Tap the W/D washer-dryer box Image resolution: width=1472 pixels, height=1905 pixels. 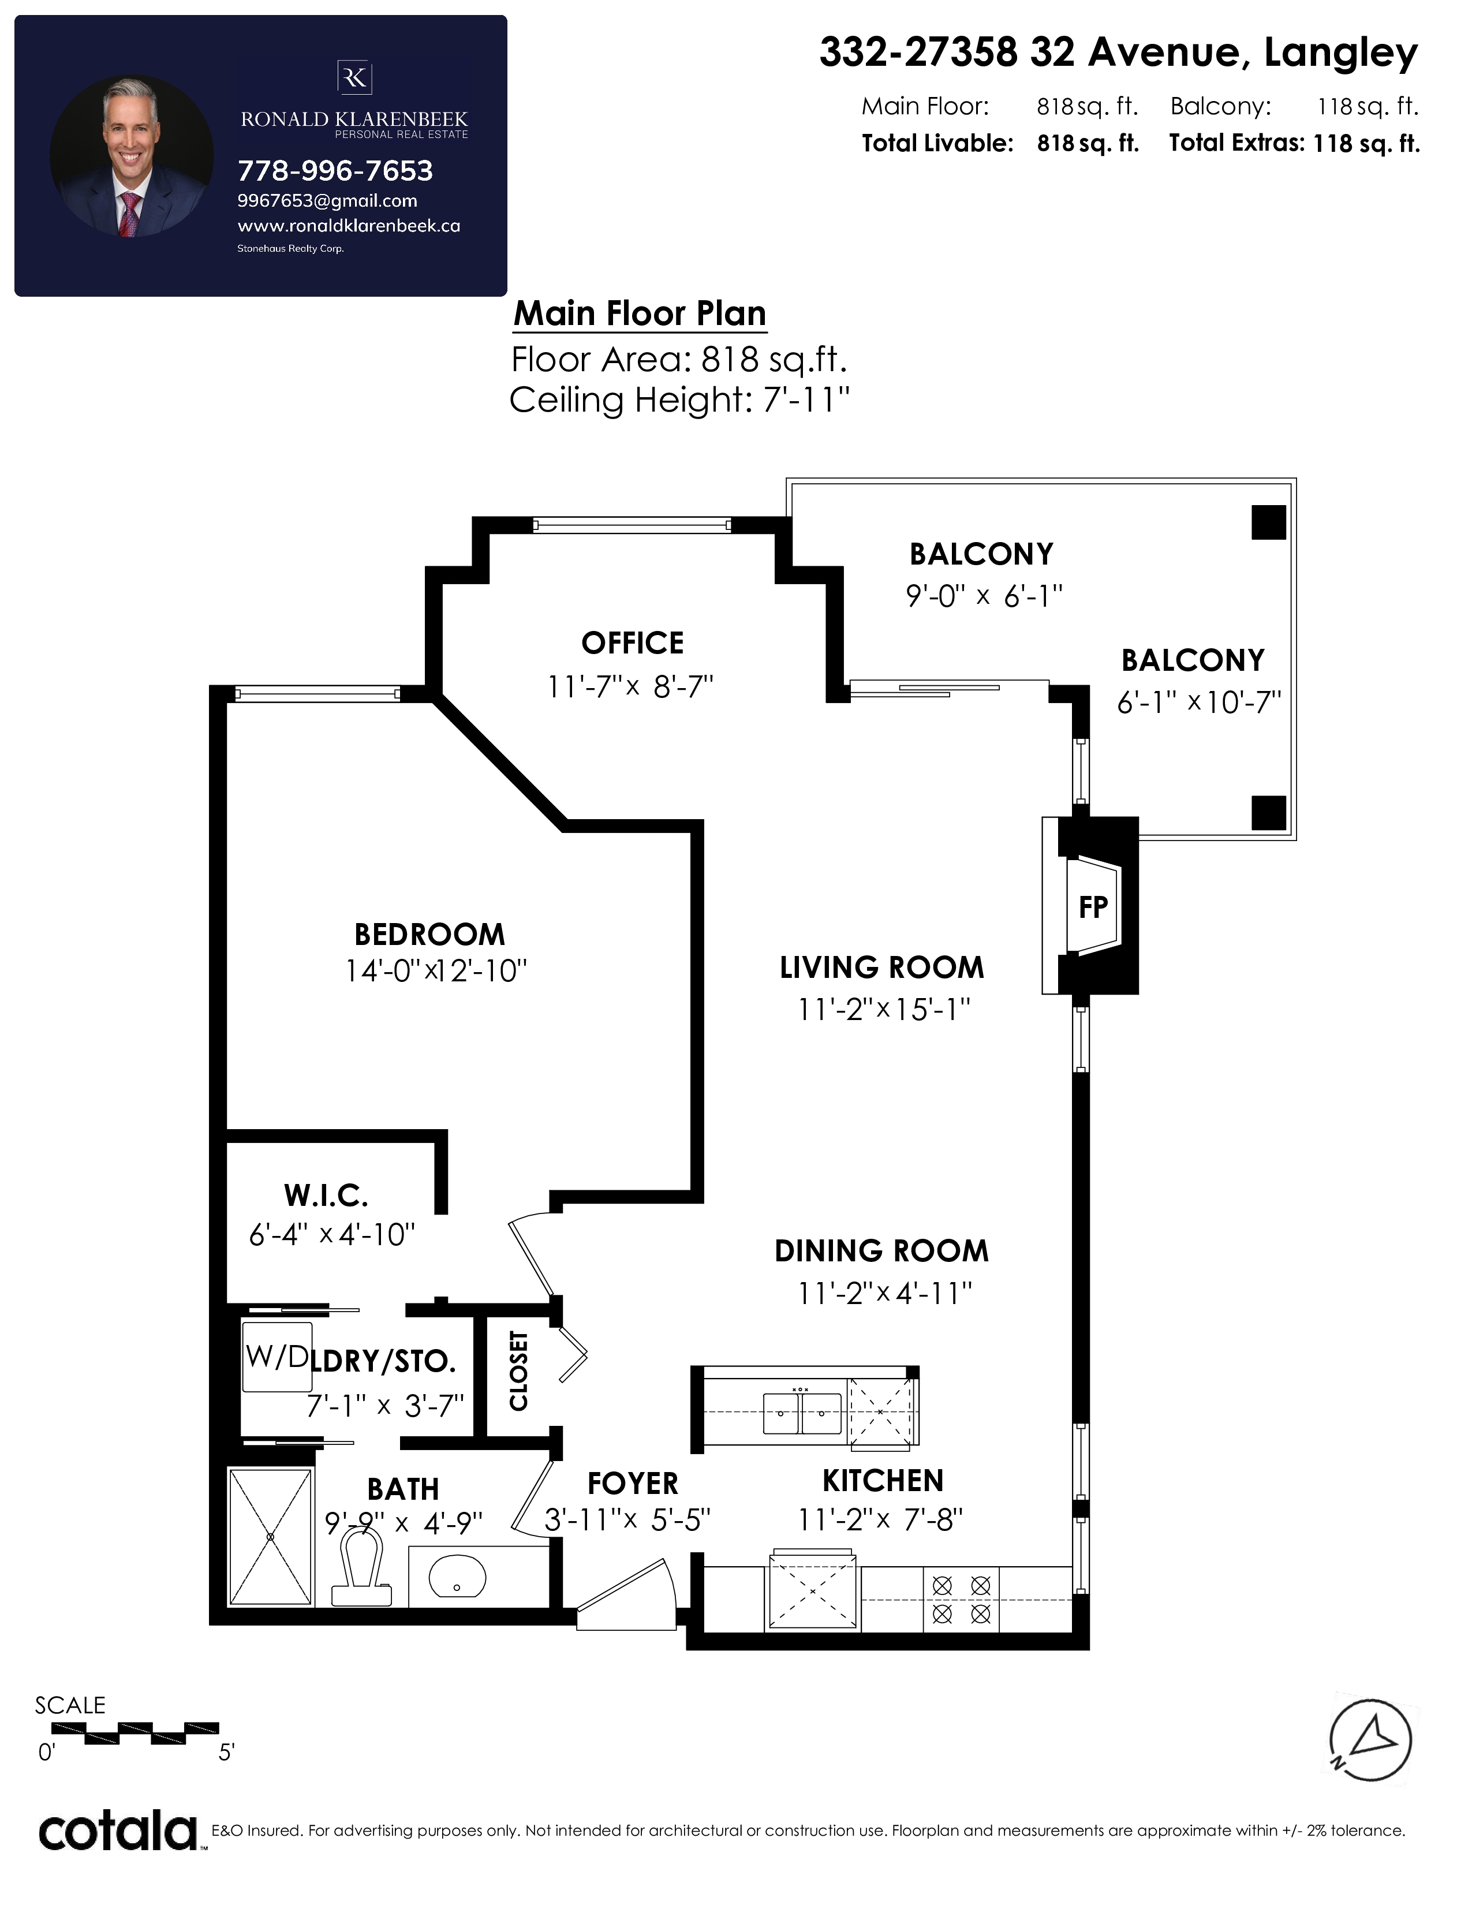(277, 1357)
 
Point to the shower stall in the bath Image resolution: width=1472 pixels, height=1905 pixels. (270, 1537)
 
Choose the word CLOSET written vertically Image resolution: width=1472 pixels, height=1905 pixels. (519, 1371)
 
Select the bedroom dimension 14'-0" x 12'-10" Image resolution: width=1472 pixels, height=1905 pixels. (436, 971)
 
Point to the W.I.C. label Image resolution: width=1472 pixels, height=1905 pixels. (326, 1195)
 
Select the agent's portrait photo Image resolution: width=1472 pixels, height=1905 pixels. (132, 157)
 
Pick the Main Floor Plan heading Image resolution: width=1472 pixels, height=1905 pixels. (640, 313)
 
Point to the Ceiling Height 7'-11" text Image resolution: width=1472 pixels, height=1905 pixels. (679, 401)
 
